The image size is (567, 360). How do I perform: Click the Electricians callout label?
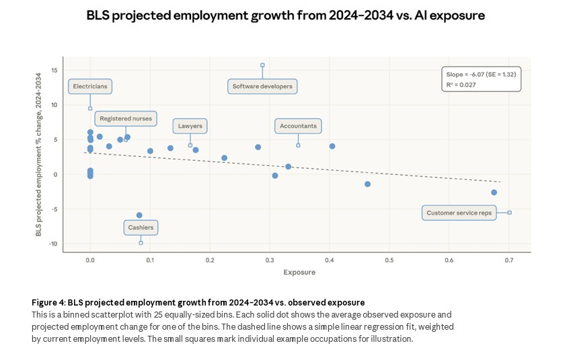tap(90, 87)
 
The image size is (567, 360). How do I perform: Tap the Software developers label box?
tap(262, 87)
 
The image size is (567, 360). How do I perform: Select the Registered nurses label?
tap(126, 118)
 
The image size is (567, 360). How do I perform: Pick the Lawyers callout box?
tap(190, 126)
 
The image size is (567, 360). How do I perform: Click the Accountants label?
tap(298, 126)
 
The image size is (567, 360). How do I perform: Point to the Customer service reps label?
tap(459, 213)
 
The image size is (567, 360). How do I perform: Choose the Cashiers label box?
tap(141, 227)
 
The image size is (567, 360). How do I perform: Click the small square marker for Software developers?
tap(262, 65)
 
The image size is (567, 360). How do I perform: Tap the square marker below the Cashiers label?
tap(141, 242)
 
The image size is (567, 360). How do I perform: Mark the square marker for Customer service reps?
tap(509, 213)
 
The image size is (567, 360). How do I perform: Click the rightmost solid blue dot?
tap(494, 192)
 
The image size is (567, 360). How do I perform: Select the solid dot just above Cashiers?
tap(139, 215)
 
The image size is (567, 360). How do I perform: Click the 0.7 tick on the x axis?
tap(508, 260)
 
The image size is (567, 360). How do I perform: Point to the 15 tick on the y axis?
tap(54, 71)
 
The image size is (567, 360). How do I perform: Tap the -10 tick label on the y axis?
tap(52, 244)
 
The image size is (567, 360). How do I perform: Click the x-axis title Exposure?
tap(299, 273)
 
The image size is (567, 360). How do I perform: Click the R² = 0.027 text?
tap(464, 85)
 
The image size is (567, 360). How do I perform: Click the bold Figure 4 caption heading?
tap(198, 303)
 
